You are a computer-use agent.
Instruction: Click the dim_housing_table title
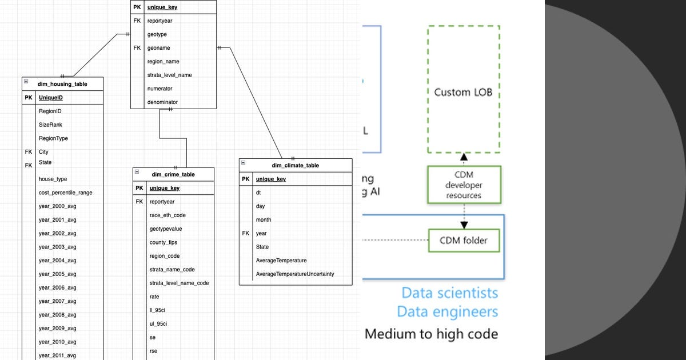tap(62, 84)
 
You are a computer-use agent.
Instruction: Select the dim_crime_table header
tap(173, 175)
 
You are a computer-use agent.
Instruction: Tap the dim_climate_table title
tap(295, 166)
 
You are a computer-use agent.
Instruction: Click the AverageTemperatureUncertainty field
tap(294, 274)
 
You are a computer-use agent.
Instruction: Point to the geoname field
tap(158, 48)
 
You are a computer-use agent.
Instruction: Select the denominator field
tap(162, 102)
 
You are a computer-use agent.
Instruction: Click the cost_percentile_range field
tap(65, 193)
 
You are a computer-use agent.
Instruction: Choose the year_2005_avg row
tap(57, 274)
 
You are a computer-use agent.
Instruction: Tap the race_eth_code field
tap(167, 215)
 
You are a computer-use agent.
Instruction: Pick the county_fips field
tap(163, 243)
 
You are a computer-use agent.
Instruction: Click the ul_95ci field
tap(158, 324)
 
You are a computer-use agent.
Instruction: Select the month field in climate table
tap(264, 220)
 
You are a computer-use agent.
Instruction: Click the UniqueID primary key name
tap(51, 98)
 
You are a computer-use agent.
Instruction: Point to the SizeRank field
tap(50, 125)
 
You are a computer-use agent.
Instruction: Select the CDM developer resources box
tap(464, 185)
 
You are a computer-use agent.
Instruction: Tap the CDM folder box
tap(464, 241)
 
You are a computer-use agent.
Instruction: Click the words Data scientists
tap(449, 293)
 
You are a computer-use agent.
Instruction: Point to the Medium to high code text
tap(431, 334)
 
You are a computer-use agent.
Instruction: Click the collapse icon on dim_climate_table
tap(244, 163)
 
